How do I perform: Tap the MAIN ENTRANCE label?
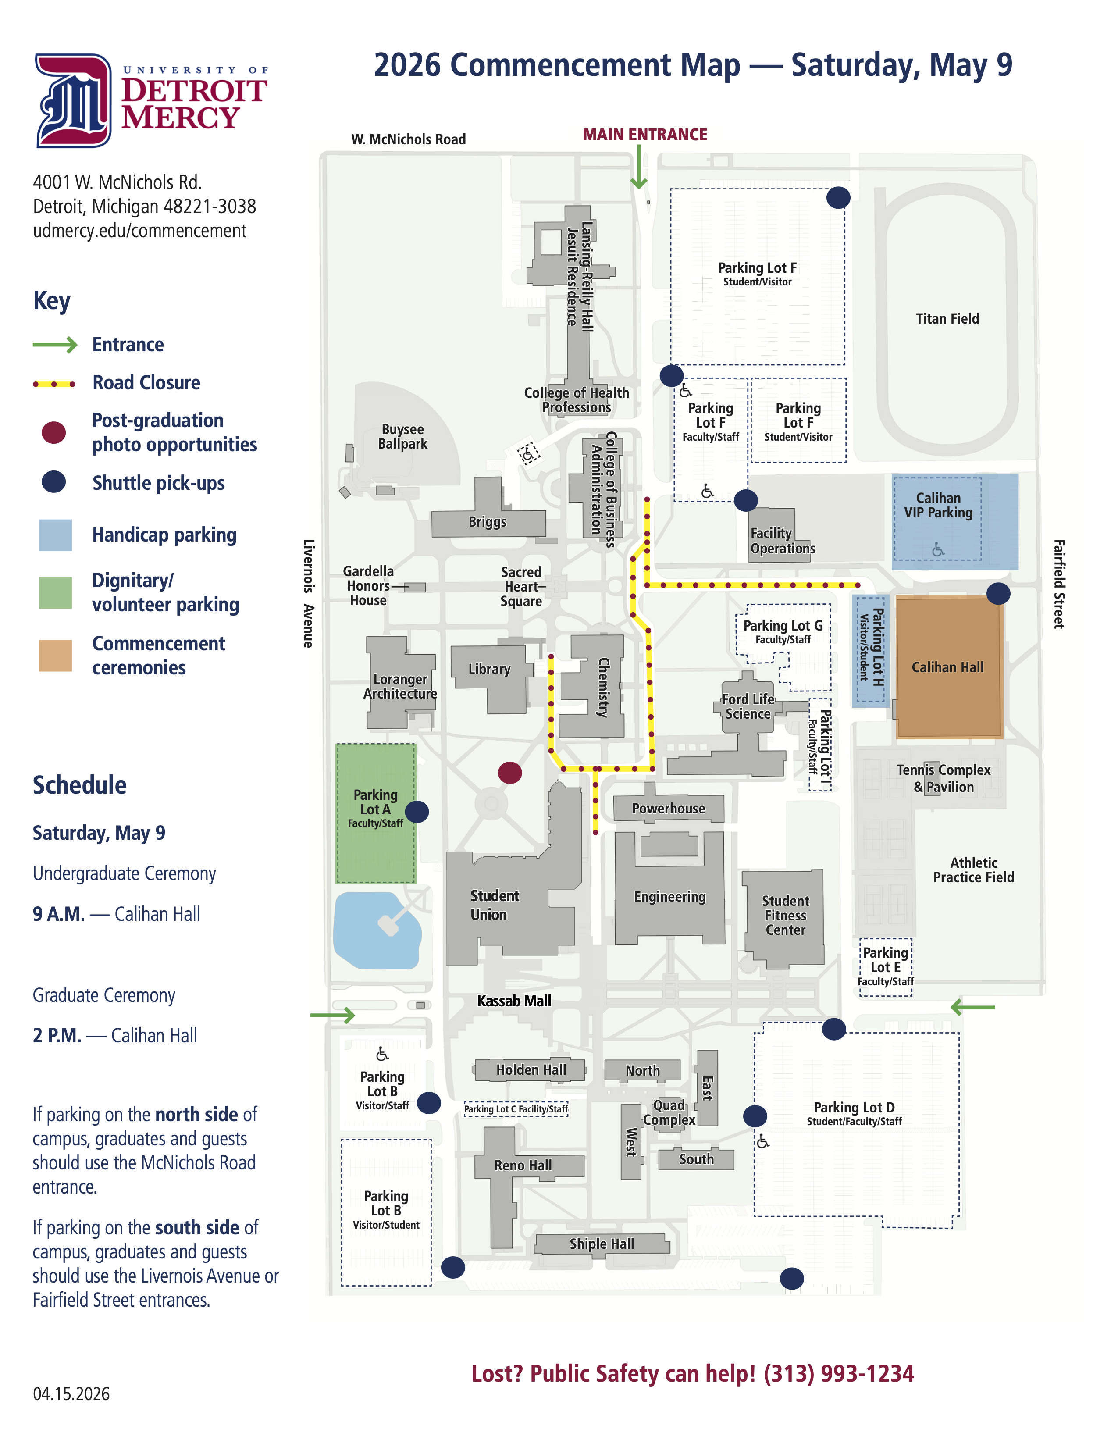tap(644, 135)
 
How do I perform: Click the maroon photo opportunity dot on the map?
tap(509, 773)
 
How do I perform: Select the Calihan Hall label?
tap(947, 667)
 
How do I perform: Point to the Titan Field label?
tap(947, 319)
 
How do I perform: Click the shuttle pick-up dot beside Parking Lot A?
tap(417, 812)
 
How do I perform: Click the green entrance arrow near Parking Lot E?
tap(972, 1007)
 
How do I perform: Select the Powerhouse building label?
tap(668, 808)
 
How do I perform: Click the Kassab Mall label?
tap(514, 1001)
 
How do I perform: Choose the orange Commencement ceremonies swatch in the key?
tap(55, 656)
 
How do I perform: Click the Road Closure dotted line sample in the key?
tap(54, 384)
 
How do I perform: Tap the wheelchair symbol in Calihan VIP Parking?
tap(938, 549)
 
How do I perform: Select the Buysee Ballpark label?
tap(402, 437)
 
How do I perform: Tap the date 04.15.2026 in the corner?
tap(71, 1394)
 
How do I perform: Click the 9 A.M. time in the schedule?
tap(59, 914)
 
